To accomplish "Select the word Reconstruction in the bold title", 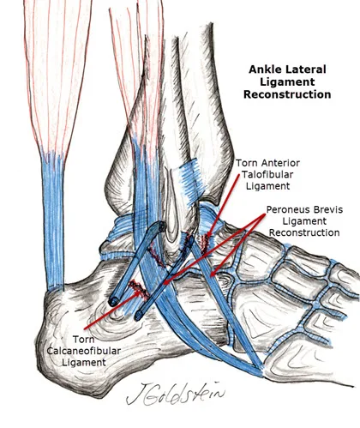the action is coord(287,94).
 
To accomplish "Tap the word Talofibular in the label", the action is coord(267,174).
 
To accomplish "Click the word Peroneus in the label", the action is coord(286,209).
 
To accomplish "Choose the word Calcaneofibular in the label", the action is coord(83,351).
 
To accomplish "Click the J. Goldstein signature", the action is coord(174,394).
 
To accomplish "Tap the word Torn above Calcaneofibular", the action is coord(83,340).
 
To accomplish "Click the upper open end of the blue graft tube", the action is coord(160,226).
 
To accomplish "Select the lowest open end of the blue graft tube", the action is coord(139,316).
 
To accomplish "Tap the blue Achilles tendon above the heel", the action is coord(53,223).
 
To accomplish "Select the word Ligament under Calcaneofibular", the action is coord(84,362).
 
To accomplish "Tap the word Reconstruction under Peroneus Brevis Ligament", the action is coord(304,232).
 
